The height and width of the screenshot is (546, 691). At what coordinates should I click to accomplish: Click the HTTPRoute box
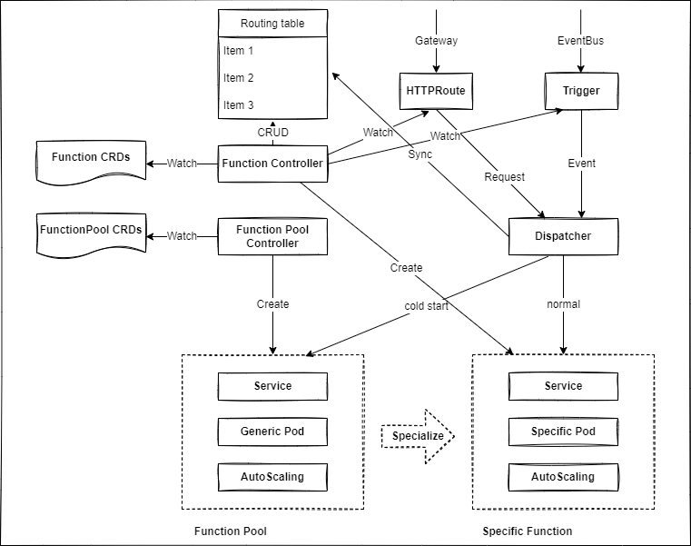pos(436,91)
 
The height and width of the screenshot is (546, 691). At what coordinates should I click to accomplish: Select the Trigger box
pos(581,91)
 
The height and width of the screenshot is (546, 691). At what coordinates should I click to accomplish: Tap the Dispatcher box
pos(563,236)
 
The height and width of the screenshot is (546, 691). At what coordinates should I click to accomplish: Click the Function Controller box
pos(272,164)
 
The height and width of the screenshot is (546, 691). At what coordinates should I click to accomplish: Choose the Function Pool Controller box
pos(272,236)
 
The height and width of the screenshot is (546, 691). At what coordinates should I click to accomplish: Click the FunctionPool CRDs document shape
pos(91,232)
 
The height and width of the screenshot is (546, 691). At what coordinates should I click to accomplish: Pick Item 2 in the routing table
pos(240,78)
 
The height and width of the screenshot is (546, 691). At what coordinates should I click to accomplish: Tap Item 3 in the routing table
pos(240,105)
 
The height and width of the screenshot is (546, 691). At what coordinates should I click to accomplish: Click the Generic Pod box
pos(272,432)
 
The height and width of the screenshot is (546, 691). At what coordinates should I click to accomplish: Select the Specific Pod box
pos(563,432)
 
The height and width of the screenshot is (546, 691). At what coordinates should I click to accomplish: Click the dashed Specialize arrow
pos(418,436)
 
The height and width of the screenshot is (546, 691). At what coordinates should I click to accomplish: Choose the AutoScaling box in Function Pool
pos(272,477)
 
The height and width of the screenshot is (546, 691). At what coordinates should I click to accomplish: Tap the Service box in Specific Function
pos(563,386)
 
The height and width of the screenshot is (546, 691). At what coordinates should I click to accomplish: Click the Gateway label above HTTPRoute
pos(436,41)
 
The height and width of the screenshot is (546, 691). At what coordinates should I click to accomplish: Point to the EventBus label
pos(580,41)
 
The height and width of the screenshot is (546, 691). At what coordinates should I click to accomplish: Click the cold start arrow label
pos(426,305)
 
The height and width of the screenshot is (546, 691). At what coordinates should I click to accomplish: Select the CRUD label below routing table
pos(272,133)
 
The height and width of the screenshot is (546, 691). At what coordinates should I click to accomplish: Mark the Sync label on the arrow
pos(420,154)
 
